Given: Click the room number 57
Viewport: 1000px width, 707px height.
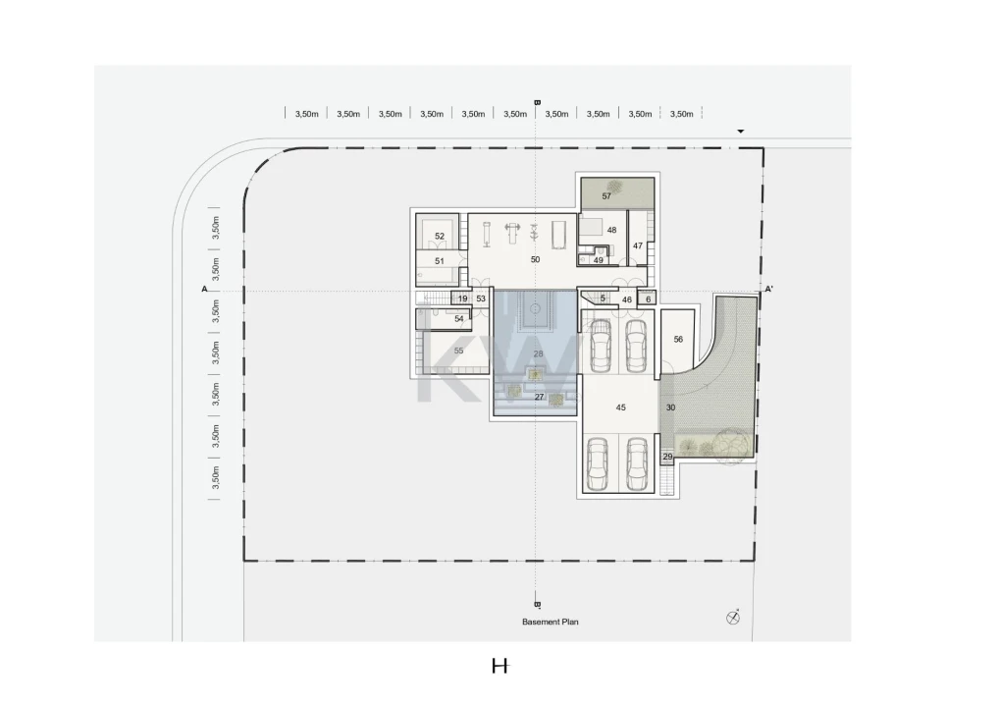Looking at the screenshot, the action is click(606, 195).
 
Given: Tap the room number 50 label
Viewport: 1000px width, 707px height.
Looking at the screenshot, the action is click(535, 259).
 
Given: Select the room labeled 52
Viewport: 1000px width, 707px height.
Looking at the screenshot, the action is click(440, 236).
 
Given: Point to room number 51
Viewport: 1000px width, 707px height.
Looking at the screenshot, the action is click(440, 261).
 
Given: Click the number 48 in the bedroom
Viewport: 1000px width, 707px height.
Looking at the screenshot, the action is click(611, 231).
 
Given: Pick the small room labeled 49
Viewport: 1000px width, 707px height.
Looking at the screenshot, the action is click(599, 260).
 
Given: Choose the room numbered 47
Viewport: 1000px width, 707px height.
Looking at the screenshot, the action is click(638, 245).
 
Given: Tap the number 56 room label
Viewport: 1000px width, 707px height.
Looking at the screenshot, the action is click(678, 340).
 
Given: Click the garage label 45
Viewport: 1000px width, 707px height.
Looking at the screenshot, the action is click(620, 408).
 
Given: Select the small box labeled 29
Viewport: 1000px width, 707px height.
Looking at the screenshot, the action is click(667, 457).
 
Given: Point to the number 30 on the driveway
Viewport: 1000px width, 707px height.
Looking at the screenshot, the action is click(670, 408).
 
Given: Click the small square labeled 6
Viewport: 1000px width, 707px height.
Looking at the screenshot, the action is click(649, 299).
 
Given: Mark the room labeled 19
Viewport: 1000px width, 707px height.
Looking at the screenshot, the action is click(463, 299).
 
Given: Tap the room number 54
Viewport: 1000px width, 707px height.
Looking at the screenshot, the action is click(459, 319).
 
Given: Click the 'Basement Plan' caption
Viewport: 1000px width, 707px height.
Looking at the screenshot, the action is click(551, 622).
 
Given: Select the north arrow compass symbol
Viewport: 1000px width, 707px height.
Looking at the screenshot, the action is click(733, 617).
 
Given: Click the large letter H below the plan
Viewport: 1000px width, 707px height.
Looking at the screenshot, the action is click(500, 666).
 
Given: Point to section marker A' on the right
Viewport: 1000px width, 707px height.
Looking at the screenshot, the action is click(769, 289).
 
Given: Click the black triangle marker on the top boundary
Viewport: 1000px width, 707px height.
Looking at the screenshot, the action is click(741, 132).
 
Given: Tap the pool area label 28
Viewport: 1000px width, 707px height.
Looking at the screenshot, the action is click(538, 354).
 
